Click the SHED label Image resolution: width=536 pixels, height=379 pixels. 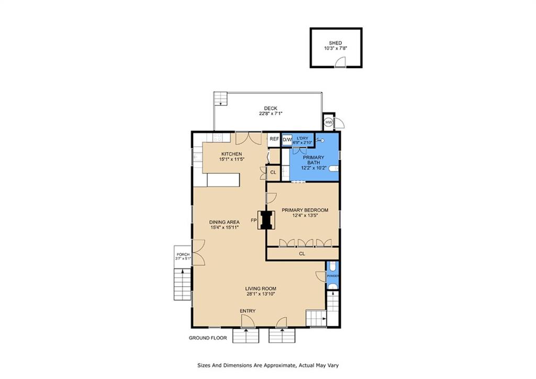336,43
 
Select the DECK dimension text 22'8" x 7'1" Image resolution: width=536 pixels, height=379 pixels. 271,114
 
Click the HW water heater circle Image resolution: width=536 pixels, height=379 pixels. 328,122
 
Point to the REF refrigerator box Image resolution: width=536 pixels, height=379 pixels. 274,139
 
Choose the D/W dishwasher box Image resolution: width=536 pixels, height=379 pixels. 287,139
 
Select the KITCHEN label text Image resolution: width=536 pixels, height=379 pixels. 231,154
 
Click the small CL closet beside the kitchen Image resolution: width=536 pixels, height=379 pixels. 273,172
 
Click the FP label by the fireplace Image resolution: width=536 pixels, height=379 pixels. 254,221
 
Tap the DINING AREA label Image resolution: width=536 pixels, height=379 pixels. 225,222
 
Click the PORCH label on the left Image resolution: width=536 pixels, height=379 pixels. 183,254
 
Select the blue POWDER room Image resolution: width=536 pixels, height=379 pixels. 333,275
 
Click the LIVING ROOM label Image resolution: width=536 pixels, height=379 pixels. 261,288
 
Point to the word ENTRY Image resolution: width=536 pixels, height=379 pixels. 248,311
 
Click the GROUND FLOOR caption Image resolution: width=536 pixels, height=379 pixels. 208,338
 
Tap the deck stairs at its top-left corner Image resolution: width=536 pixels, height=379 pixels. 221,99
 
